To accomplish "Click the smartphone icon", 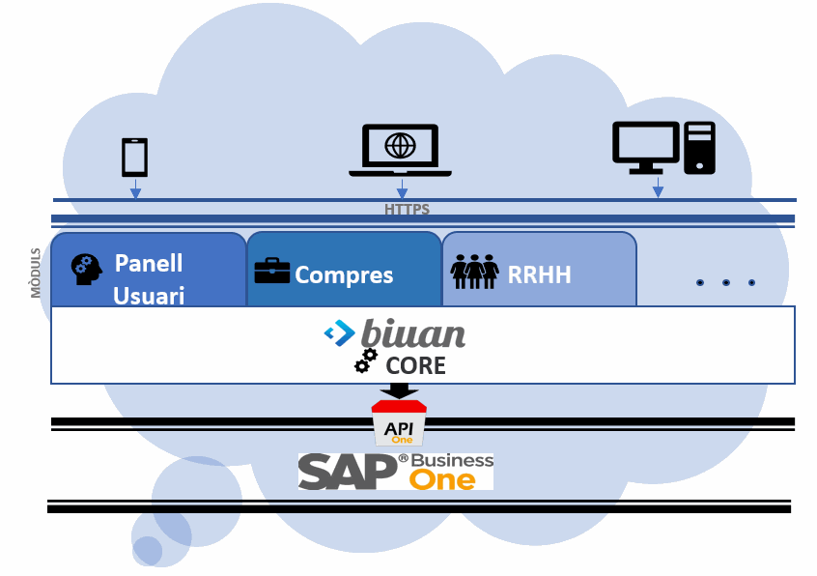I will point(134,158).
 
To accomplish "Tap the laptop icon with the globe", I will point(400,150).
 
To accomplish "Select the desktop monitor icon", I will point(646,148).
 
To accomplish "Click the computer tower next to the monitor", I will point(700,148).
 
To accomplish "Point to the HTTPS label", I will point(407,210).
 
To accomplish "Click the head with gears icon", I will point(87,269).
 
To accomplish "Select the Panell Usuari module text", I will point(149,279).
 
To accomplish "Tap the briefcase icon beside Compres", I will point(271,271).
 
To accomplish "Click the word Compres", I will point(344,275).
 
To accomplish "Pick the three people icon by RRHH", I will point(475,272).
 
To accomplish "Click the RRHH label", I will point(540,275).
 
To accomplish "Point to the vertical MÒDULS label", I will point(36,273).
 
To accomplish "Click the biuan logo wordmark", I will point(413,333).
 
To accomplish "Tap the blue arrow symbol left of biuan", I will point(339,333).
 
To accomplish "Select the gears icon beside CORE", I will point(365,360).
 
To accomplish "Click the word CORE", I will point(415,365).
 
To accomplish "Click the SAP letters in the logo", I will point(348,471).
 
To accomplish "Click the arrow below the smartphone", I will point(135,188).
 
